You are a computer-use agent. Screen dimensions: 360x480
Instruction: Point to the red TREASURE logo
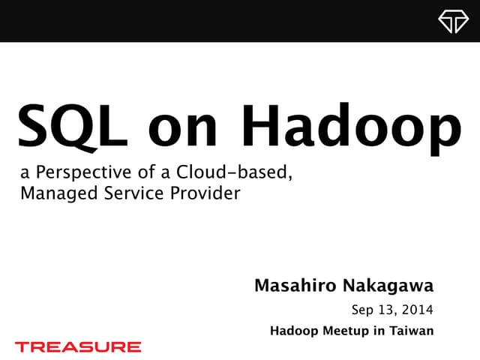tap(78, 346)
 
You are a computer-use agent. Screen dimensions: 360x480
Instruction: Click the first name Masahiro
tap(294, 286)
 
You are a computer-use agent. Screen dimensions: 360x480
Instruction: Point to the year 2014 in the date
tap(416, 310)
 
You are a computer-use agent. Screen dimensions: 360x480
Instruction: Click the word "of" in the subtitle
tap(153, 173)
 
